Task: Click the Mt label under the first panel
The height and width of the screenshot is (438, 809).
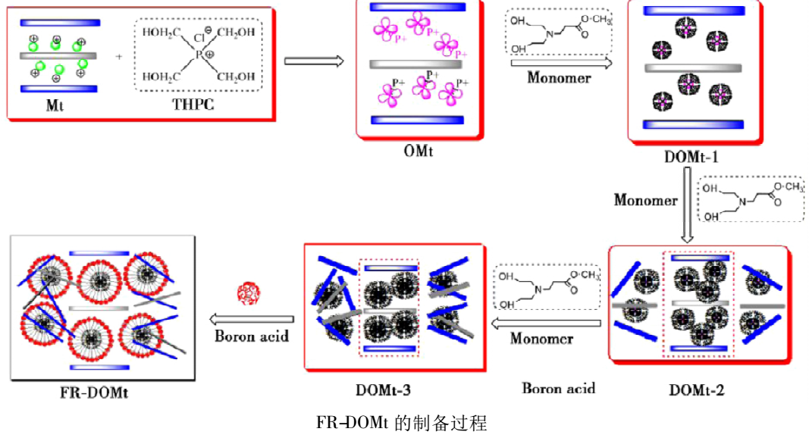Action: [x=55, y=105]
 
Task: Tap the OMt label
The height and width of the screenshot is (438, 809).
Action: [x=418, y=151]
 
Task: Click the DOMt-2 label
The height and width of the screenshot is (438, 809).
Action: [x=697, y=391]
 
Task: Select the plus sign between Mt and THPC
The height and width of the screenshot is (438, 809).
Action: [x=119, y=56]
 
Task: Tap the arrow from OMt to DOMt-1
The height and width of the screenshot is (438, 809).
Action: [x=561, y=64]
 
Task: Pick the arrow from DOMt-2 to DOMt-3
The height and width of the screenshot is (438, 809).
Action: [x=546, y=324]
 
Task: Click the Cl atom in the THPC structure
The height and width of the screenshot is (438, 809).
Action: [x=198, y=36]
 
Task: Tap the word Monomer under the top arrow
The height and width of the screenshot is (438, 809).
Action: [x=559, y=77]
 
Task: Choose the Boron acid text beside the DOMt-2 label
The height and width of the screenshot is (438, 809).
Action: [x=558, y=389]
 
